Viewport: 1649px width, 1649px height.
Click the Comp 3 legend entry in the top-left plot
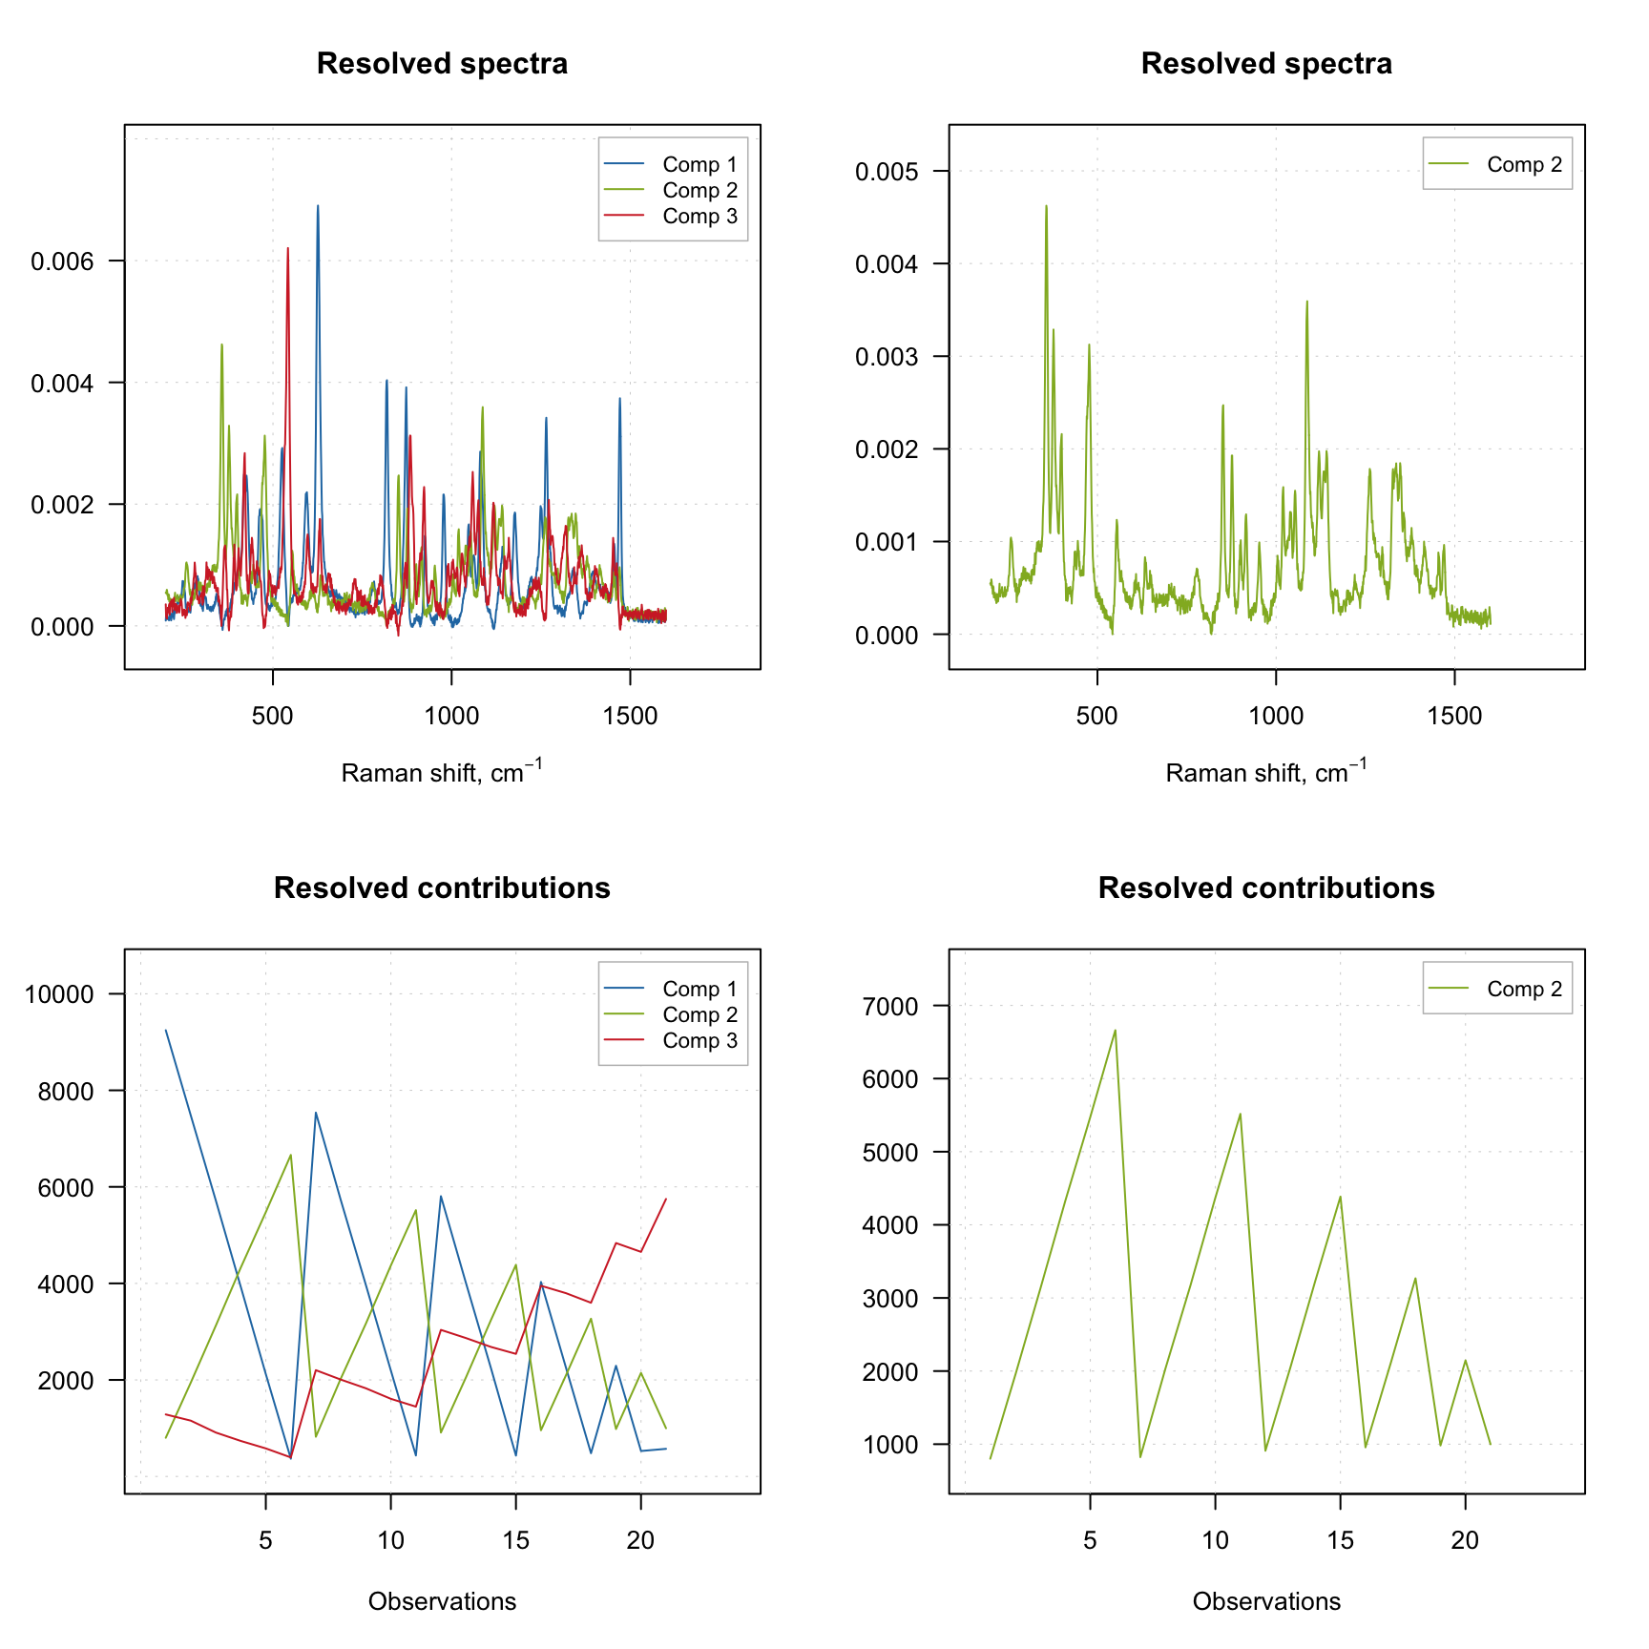699,217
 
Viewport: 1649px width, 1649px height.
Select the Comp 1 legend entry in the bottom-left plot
699,990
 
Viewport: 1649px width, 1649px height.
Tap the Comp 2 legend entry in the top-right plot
1524,165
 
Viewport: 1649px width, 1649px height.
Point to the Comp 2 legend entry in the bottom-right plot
1524,990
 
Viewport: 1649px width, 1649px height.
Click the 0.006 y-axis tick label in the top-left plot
63,261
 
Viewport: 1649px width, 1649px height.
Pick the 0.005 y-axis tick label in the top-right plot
887,172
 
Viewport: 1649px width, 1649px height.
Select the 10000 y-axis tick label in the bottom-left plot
59,994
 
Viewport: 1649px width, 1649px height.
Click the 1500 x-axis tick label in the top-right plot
1454,716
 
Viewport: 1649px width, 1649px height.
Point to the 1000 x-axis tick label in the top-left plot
451,716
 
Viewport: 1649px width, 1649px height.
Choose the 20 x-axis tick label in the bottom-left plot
640,1540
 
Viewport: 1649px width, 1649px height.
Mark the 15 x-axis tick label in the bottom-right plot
1340,1540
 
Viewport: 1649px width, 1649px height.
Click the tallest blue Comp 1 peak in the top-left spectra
318,206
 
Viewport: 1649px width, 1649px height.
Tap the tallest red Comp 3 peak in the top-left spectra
287,249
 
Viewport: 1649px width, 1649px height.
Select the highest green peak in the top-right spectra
1046,206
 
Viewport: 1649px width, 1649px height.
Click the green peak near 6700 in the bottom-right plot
1115,1031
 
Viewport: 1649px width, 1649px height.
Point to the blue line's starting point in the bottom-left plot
166,1031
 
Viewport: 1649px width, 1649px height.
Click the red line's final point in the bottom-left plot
665,1200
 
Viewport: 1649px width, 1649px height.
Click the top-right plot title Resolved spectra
1266,64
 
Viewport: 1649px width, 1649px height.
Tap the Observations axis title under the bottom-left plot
442,1601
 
